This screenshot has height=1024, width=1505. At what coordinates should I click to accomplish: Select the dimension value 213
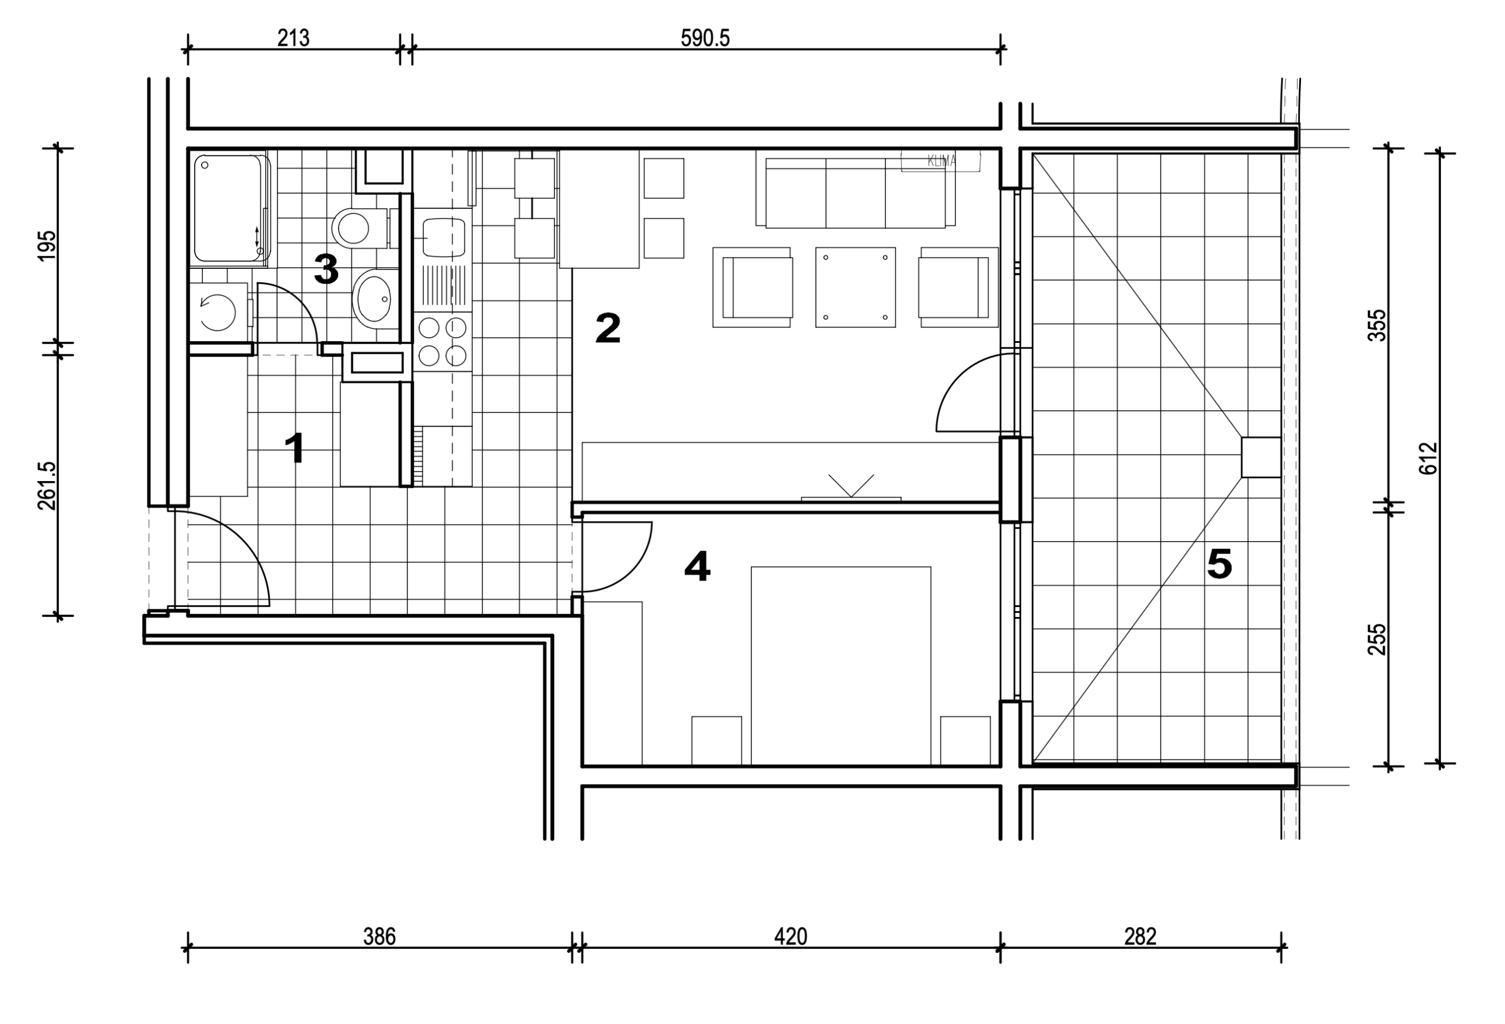293,38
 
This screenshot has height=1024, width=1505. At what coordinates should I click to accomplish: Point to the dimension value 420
791,936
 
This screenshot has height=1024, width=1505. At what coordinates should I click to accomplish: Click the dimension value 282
1141,936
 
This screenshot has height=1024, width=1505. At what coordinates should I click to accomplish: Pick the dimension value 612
1428,459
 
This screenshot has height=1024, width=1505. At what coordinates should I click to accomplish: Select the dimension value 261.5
47,486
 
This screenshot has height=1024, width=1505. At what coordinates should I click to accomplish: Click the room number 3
326,269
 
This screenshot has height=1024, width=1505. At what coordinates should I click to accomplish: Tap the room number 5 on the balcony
1219,563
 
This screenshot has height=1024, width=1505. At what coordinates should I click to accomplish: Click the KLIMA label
941,161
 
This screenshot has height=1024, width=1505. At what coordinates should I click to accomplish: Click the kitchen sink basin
444,238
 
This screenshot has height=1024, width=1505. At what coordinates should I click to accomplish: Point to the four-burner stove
443,341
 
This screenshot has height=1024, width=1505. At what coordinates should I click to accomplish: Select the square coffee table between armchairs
855,287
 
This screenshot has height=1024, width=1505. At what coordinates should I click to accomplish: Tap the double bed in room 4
841,666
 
